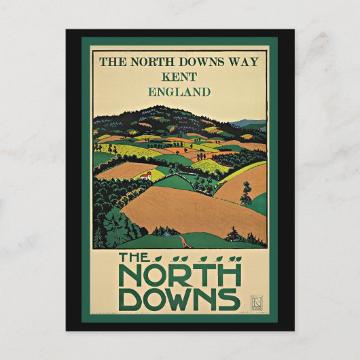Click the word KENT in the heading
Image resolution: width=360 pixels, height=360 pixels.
point(179,77)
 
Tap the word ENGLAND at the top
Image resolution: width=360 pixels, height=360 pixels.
point(179,92)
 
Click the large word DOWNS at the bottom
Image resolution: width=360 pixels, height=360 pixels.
point(179,299)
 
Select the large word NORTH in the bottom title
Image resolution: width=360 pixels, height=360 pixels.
point(179,275)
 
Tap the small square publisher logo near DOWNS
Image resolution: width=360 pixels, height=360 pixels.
point(255,302)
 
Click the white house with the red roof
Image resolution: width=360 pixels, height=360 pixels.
point(144,176)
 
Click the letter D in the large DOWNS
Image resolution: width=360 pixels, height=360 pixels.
point(129,299)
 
